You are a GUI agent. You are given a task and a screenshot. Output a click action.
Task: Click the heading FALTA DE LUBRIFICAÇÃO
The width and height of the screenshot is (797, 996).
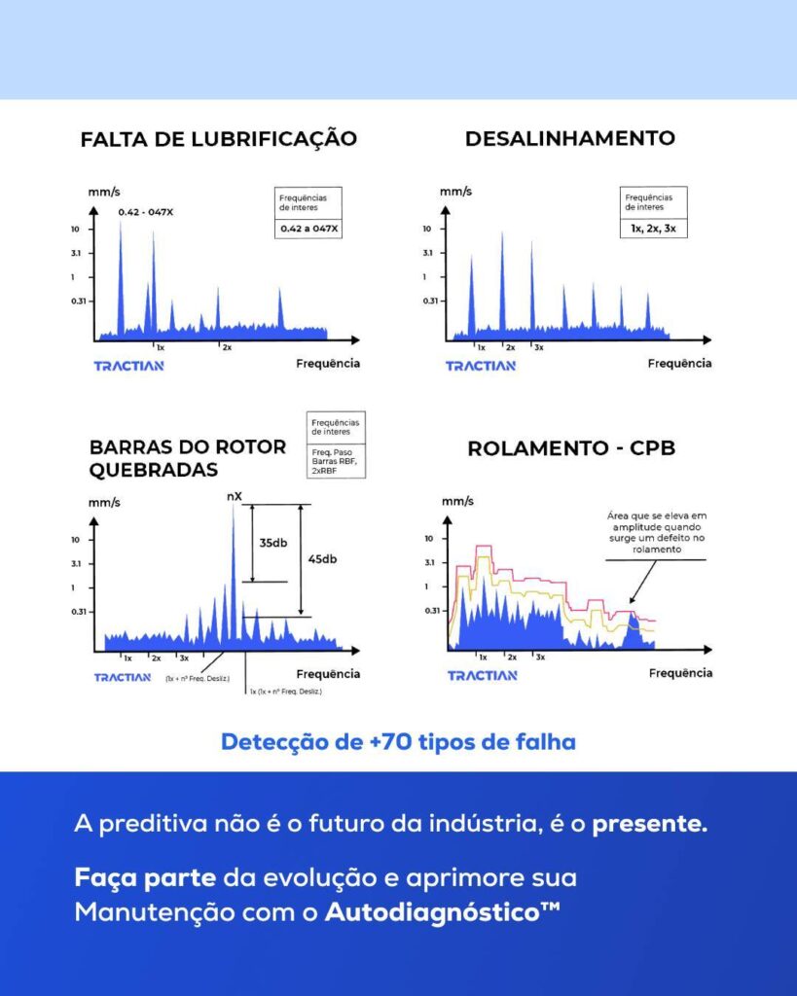[x=218, y=139]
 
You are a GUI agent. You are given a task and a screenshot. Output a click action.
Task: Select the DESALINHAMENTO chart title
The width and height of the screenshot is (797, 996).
[x=570, y=138]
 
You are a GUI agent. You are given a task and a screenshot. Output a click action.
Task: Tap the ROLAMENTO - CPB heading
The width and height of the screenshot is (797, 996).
[x=571, y=448]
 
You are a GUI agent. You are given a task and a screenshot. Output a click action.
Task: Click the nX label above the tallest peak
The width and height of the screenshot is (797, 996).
[x=234, y=496]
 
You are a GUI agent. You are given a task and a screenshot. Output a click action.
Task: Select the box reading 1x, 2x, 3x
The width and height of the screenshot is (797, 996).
[x=653, y=230]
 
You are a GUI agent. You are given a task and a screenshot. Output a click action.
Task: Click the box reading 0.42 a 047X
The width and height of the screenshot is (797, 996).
[x=308, y=230]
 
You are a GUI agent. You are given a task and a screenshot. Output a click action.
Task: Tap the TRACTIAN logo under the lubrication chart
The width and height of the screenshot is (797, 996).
[x=128, y=366]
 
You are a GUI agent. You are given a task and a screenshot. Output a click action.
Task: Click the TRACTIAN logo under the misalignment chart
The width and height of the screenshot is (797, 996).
[x=481, y=366]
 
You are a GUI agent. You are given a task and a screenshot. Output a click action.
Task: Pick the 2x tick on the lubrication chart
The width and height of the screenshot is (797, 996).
[x=226, y=347]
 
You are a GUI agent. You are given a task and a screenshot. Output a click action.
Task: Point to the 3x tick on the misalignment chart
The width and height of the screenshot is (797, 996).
[x=538, y=347]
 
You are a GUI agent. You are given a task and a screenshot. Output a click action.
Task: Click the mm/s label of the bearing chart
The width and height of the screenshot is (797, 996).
[x=455, y=501]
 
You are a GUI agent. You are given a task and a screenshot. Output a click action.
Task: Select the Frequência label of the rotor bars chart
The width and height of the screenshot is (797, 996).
[x=328, y=673]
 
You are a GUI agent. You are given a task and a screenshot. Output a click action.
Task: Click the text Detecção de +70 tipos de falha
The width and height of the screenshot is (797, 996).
[x=398, y=742]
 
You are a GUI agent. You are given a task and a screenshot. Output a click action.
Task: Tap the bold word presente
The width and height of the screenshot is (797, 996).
[x=650, y=825]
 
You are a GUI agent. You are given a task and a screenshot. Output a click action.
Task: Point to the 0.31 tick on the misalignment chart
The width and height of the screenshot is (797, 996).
[x=429, y=301]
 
